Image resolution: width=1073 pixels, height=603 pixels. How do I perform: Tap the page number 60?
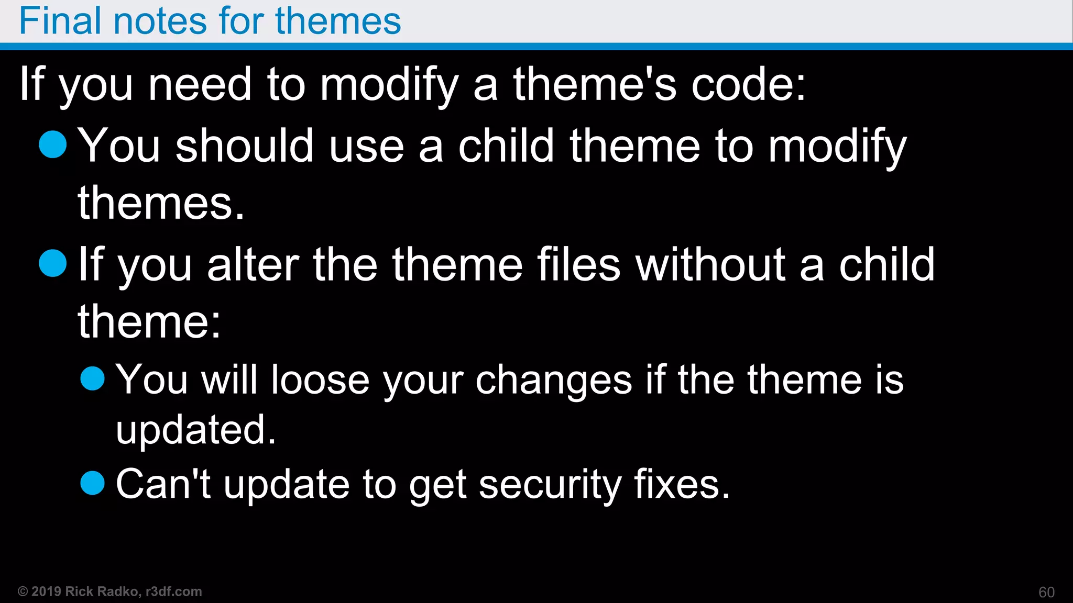1046,592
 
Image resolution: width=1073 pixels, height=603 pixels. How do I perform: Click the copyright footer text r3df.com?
173,591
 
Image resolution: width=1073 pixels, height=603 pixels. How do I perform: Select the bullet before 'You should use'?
53,144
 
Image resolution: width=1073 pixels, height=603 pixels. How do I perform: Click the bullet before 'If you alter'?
53,263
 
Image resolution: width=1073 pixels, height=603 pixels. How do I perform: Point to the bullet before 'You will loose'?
93,378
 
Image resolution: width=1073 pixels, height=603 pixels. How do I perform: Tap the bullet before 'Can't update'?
93,483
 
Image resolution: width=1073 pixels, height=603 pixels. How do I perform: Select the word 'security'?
550,485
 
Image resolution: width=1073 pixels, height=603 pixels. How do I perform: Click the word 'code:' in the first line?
748,84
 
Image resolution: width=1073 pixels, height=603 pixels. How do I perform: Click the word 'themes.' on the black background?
161,203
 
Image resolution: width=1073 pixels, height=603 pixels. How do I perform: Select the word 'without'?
710,264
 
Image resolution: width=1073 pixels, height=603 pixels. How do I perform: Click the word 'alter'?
253,264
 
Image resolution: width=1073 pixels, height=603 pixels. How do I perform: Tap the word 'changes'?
554,381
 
